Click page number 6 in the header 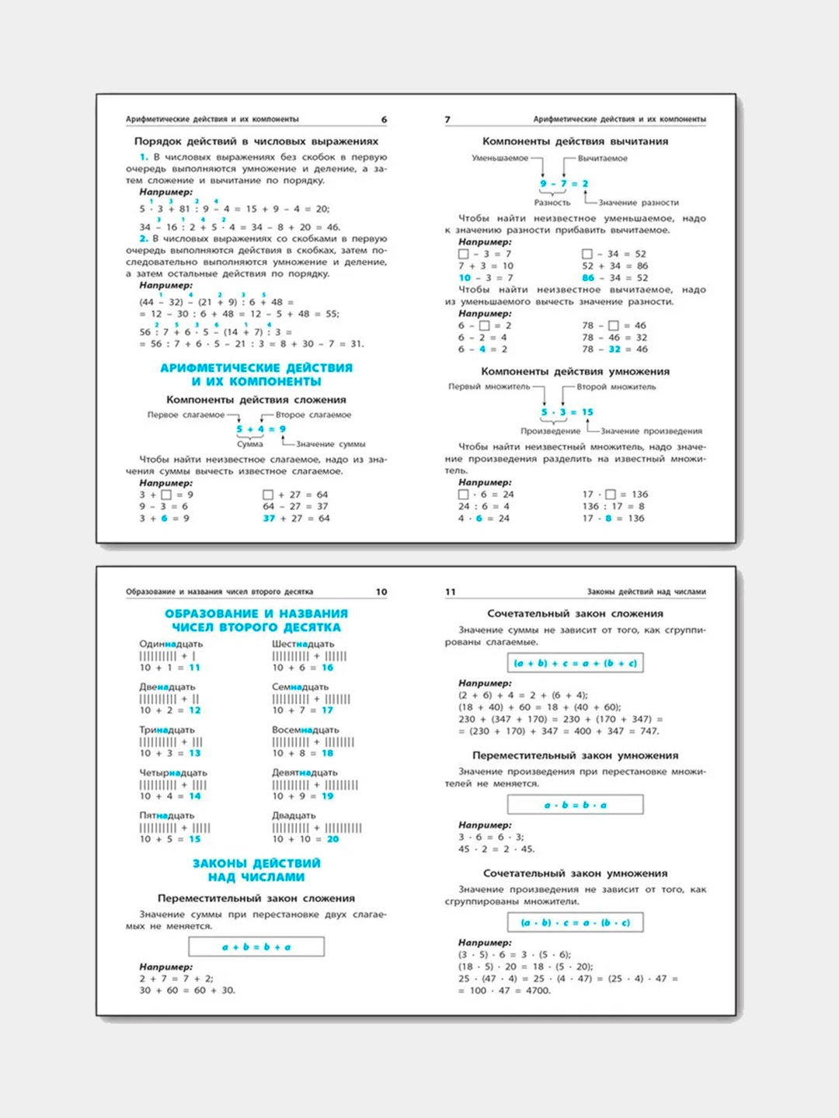coord(384,120)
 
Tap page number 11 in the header coord(451,592)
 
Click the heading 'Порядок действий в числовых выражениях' coord(256,141)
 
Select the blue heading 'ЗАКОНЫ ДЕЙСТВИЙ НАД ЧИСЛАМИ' coord(256,870)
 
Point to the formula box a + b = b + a coord(256,946)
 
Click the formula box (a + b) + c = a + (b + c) coord(575,663)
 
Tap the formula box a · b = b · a coord(575,804)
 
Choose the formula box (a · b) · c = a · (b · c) coord(575,922)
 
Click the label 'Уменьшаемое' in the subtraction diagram coord(500,158)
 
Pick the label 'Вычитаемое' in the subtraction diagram coord(603,158)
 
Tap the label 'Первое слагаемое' coord(186,415)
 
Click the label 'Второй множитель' coord(616,387)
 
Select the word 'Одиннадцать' coord(171,644)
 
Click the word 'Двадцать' coord(294,815)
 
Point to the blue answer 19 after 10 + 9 coord(328,796)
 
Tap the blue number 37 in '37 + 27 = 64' coord(269,518)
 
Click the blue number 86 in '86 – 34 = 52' coord(588,277)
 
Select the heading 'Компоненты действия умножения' coord(575,371)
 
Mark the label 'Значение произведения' coord(651,431)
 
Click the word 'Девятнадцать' coord(305,773)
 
